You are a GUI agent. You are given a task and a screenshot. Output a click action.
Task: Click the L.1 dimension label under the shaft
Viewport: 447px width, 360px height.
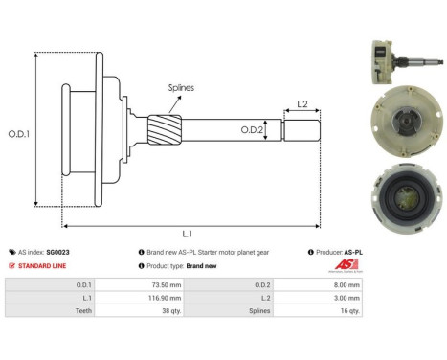pos(187,233)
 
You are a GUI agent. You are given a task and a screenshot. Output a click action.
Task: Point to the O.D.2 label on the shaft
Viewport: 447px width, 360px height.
pos(250,128)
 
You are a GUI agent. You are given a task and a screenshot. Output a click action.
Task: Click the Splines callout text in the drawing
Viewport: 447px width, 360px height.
pos(182,88)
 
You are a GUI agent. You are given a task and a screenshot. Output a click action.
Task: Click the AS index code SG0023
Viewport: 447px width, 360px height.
pos(60,252)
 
